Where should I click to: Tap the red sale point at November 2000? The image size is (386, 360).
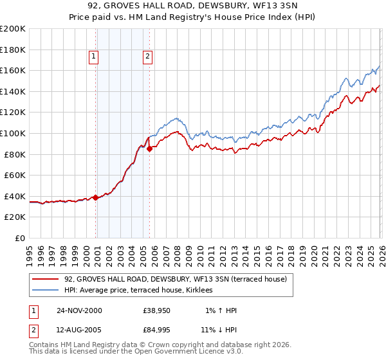pyautogui.click(x=96, y=197)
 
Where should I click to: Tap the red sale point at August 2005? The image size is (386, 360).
pyautogui.click(x=150, y=148)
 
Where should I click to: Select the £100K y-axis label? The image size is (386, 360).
pyautogui.click(x=13, y=133)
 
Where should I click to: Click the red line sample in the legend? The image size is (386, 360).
pyautogui.click(x=46, y=279)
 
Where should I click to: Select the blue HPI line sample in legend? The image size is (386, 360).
pyautogui.click(x=46, y=291)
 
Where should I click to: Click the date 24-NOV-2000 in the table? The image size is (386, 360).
pyautogui.click(x=79, y=310)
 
